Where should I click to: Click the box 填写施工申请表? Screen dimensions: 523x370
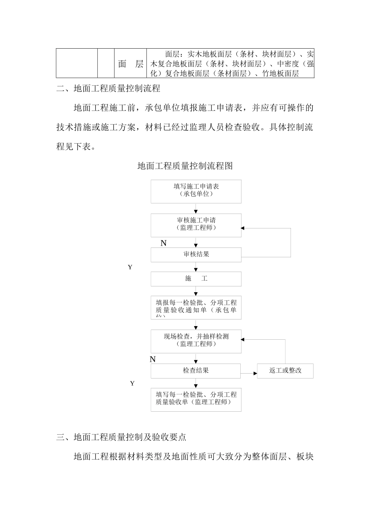tap(196, 191)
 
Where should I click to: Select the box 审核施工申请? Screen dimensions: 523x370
tap(196, 225)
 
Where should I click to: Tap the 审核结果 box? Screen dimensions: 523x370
tap(196, 254)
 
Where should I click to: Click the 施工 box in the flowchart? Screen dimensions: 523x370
tap(196, 279)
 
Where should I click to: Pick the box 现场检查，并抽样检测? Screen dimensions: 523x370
tap(196, 341)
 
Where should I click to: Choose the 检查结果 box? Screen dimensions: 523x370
tap(196, 371)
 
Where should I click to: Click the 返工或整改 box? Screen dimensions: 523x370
tap(285, 371)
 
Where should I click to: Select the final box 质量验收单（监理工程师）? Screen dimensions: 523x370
tap(196, 399)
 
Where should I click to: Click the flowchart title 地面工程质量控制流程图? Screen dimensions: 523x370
tap(185, 166)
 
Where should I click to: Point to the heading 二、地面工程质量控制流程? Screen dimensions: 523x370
tap(108, 89)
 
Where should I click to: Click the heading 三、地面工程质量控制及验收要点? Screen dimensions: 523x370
tap(121, 437)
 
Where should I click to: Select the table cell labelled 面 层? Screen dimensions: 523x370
tap(130, 64)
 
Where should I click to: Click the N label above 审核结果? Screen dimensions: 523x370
tap(164, 244)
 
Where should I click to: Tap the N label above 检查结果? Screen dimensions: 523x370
tap(153, 360)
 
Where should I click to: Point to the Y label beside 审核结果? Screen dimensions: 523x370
tap(130, 267)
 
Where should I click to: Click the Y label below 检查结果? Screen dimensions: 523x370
tap(132, 384)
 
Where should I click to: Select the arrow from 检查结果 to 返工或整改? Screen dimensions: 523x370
tap(249, 374)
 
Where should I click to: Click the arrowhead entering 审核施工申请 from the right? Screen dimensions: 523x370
tap(243, 228)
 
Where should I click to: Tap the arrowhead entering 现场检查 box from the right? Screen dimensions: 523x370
tap(243, 340)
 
